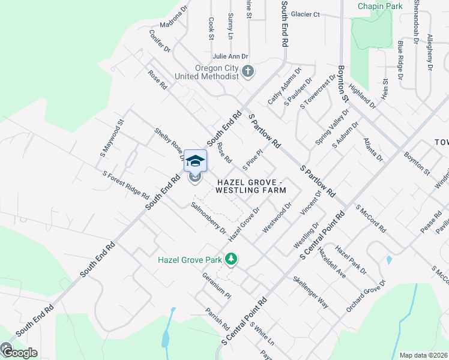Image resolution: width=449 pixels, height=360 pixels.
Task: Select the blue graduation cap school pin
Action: point(195,161)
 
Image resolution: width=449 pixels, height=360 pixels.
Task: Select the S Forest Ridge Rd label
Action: point(125,185)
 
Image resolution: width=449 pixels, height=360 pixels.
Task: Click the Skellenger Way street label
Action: point(310,292)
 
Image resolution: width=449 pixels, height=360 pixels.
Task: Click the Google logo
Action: point(19,352)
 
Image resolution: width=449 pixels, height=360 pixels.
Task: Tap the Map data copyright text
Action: point(423,355)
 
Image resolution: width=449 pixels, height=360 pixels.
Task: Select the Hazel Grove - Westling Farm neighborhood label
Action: point(250,186)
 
